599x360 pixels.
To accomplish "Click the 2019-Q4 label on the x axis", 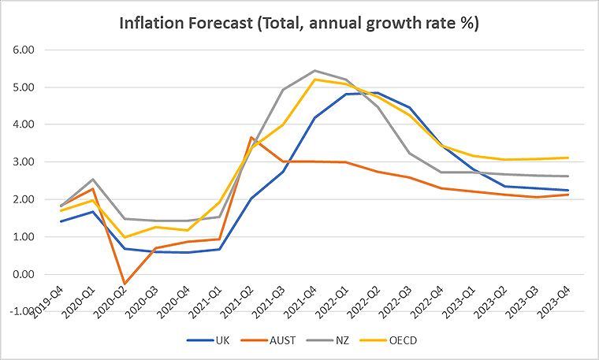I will click(48, 302).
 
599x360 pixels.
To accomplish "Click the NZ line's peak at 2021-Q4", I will click(314, 70).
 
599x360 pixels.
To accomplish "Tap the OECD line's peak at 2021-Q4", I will click(314, 80).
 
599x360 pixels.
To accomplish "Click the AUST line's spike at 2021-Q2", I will click(251, 137).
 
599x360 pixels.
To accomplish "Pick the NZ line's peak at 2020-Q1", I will click(92, 180).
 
